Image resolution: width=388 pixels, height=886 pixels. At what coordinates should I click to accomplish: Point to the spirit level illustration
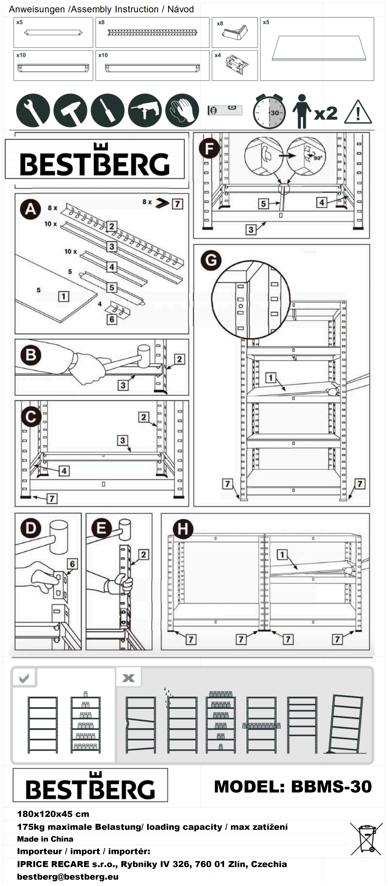(225, 110)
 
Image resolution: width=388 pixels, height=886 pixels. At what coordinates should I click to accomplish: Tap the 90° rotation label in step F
(317, 158)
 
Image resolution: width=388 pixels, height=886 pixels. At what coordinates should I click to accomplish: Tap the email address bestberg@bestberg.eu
(68, 877)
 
